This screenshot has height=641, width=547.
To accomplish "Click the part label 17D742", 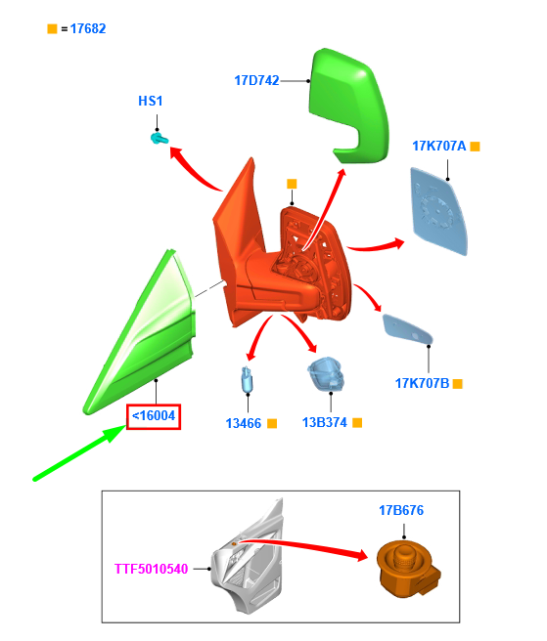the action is coord(256,80).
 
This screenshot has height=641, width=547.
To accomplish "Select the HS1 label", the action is coord(151,101).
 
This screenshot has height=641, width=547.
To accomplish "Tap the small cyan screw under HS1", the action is coord(159,139).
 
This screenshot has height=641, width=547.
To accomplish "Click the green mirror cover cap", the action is coord(349,107).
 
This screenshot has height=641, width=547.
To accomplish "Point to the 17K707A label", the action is coord(439,146).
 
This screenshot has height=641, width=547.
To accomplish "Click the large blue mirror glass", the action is coord(439,211).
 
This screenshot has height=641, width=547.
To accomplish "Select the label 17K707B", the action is coord(422,383).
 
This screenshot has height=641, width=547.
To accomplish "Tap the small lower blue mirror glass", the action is coord(407,330).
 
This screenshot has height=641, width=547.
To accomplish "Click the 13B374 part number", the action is coord(324,422).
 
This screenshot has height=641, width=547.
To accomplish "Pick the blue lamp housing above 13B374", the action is coord(326,374).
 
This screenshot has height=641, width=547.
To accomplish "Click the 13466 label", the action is coord(244,423).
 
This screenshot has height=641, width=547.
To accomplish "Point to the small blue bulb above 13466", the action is coord(247,379).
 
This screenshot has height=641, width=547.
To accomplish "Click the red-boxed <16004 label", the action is coord(154,416).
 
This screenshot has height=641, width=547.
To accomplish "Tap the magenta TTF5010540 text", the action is coord(151,569).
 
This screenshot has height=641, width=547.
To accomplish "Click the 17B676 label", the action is coord(401,510).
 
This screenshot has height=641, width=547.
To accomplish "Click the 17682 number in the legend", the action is coord(88,28).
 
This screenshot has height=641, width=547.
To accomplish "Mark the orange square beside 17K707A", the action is coord(475,146).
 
